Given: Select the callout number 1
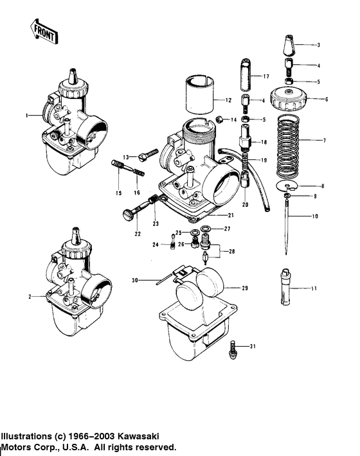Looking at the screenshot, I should tap(28, 115).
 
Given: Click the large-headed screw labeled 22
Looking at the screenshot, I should tap(129, 214).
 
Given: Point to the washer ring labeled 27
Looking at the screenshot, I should tap(205, 229).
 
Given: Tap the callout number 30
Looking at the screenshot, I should tap(135, 280).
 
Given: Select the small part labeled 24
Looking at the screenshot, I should tap(173, 243).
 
